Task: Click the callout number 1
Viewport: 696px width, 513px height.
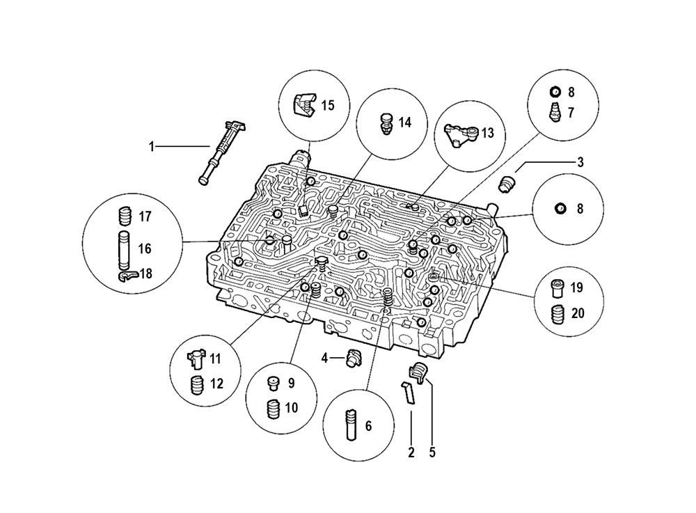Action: click(x=150, y=146)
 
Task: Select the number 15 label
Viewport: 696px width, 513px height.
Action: click(x=327, y=105)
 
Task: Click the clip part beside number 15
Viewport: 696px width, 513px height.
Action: click(x=303, y=104)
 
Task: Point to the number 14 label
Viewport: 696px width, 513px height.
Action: click(x=404, y=122)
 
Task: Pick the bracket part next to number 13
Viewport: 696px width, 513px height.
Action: click(x=462, y=133)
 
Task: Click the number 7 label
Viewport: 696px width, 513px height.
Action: click(x=571, y=112)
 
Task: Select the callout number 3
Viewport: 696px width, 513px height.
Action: click(x=580, y=162)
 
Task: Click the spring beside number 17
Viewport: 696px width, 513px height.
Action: click(x=125, y=216)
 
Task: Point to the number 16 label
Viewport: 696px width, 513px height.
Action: click(x=144, y=248)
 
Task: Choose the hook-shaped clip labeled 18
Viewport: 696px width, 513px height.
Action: click(x=127, y=276)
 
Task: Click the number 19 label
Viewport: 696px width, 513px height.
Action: click(x=577, y=287)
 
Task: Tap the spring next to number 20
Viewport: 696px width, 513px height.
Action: click(x=557, y=315)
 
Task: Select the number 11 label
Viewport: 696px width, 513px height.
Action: click(x=215, y=359)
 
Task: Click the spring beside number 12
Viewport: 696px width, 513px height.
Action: click(x=197, y=384)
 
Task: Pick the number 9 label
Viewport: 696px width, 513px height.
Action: click(x=291, y=383)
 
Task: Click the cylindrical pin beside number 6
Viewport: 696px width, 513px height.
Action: click(x=349, y=425)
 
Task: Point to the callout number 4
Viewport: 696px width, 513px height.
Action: click(x=324, y=358)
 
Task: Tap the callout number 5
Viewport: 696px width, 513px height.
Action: click(x=432, y=452)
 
